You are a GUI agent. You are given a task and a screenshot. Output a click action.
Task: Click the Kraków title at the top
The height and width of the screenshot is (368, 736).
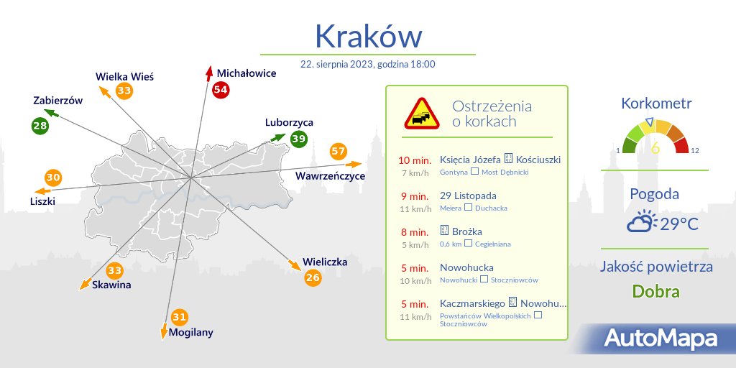click(368, 34)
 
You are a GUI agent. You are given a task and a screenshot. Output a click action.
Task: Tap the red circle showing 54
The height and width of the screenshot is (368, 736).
click(221, 90)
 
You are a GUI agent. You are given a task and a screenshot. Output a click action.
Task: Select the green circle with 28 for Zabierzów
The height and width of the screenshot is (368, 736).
click(40, 126)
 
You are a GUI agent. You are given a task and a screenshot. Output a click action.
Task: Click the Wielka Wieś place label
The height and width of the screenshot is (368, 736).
click(125, 76)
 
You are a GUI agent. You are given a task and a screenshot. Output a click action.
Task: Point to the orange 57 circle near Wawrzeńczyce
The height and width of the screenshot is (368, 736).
click(339, 152)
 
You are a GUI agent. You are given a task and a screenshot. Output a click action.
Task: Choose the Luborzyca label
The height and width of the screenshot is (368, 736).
click(289, 122)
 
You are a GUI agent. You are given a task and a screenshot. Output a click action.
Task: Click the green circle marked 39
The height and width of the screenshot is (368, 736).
click(299, 139)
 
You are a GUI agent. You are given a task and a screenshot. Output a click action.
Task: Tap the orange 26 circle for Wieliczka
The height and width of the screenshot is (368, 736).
click(313, 277)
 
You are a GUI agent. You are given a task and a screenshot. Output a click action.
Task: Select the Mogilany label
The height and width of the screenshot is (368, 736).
click(191, 332)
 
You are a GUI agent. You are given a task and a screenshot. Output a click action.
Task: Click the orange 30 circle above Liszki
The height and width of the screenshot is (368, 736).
click(53, 178)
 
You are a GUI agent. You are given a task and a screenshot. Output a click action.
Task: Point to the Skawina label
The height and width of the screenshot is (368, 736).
click(111, 285)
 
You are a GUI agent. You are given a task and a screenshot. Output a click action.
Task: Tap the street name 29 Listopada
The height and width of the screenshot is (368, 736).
click(468, 195)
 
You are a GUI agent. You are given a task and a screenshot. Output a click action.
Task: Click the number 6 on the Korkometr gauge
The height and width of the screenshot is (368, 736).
click(655, 148)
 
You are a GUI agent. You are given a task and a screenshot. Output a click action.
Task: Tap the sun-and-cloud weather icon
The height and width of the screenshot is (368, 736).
click(640, 222)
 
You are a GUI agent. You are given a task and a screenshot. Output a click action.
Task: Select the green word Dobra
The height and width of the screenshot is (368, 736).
click(655, 292)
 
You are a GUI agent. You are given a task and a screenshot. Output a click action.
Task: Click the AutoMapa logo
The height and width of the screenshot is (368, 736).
click(660, 338)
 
